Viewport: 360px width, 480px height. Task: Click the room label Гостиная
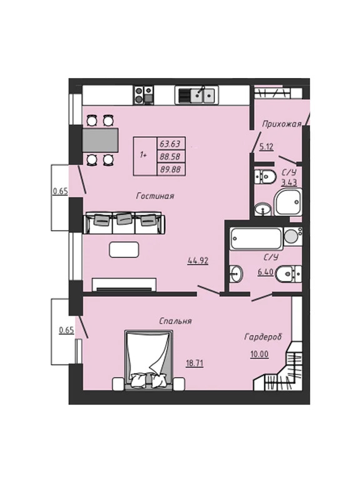point(155,196)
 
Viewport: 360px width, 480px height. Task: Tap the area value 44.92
point(198,261)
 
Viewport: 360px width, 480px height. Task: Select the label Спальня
point(176,321)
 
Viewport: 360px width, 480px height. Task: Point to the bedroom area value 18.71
point(195,363)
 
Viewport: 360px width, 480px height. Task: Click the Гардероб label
point(263,337)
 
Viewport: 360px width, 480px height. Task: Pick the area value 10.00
point(259,354)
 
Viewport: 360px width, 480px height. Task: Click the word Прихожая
point(282,124)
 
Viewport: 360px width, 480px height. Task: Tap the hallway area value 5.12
point(266,147)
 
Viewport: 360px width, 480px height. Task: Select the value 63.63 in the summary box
point(170,143)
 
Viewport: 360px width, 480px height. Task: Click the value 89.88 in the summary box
point(170,169)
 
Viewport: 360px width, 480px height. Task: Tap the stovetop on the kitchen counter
point(144,95)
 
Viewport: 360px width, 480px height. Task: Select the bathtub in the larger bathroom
point(256,239)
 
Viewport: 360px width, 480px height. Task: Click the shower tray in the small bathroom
point(287,202)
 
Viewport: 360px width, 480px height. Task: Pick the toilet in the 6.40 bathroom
point(288,274)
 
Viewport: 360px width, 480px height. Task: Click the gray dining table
point(100,140)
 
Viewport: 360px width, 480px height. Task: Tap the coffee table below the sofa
point(124,249)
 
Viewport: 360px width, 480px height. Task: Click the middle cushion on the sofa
point(124,219)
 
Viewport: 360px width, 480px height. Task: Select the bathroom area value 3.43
point(289,182)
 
